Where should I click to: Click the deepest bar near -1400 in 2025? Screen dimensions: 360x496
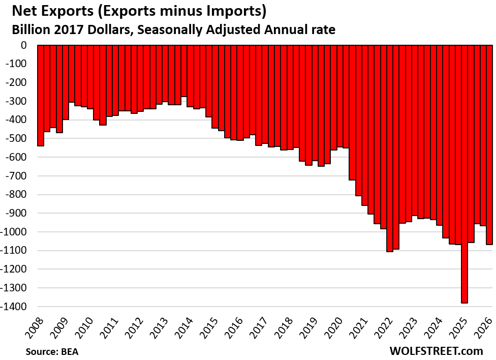tap(464, 173)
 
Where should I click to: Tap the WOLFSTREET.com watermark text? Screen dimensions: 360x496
tap(436, 350)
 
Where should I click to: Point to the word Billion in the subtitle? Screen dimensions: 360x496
tap(29, 30)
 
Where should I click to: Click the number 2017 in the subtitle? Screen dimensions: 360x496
tap(67, 30)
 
